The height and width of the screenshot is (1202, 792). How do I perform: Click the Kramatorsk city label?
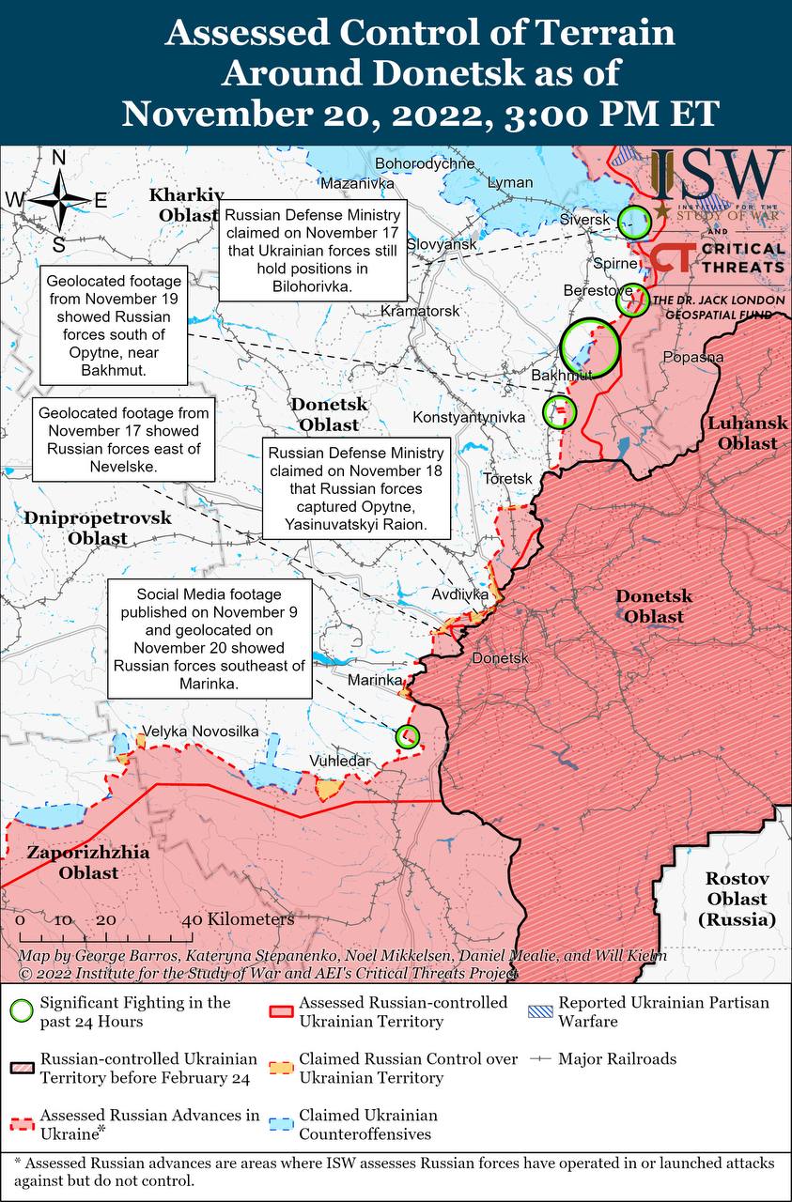pos(420,310)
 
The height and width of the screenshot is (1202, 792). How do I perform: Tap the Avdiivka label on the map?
pos(460,594)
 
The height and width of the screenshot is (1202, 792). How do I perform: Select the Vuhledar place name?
pos(340,761)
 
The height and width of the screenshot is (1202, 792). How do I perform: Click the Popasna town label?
pos(692,357)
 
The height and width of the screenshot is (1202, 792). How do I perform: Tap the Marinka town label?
pos(375,680)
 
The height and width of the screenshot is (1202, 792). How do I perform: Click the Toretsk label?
pos(507,479)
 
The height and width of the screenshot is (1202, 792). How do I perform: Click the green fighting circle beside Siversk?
pos(635,222)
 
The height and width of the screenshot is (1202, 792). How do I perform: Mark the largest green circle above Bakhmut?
pos(590,346)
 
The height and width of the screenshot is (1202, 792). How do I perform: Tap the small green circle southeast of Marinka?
pos(408,736)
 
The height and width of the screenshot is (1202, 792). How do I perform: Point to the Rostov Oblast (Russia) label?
pos(738,899)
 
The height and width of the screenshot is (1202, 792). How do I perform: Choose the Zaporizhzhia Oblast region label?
pos(74,863)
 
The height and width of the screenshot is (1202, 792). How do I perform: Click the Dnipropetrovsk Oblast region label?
pos(98,528)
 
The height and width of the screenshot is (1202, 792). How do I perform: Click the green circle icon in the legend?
pos(21,1011)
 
